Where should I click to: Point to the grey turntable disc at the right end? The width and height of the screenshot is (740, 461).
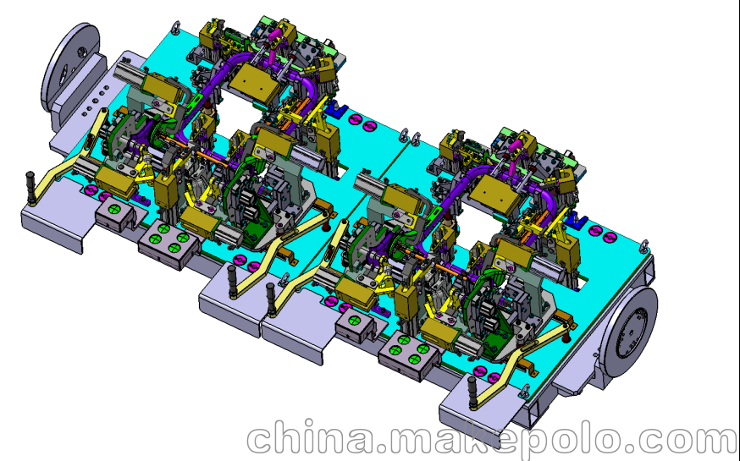click(629, 332)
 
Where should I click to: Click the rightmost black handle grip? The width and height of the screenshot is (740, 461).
click(472, 392)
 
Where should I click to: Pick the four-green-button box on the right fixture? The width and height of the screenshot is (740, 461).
click(409, 355)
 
